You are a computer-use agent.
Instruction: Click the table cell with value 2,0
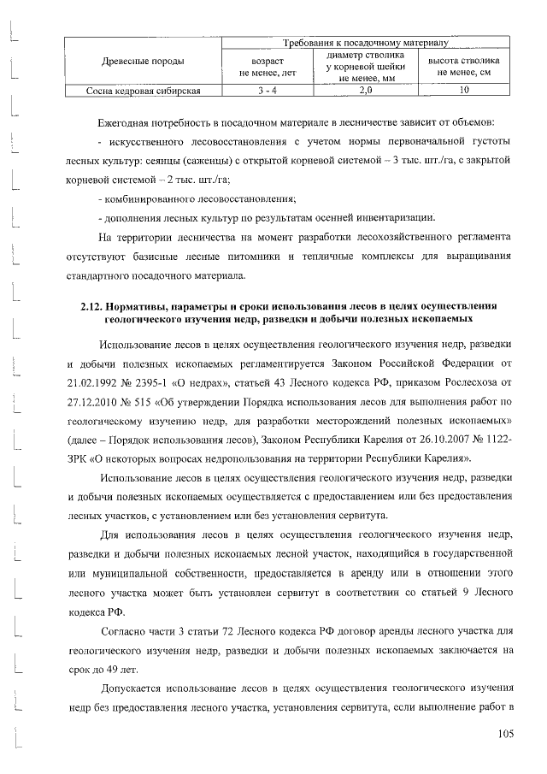(365, 89)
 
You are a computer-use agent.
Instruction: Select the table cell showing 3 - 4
(268, 89)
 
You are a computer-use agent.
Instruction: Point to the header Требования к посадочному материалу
(366, 41)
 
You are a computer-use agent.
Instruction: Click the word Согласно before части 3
(128, 631)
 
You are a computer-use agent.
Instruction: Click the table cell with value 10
(464, 89)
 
